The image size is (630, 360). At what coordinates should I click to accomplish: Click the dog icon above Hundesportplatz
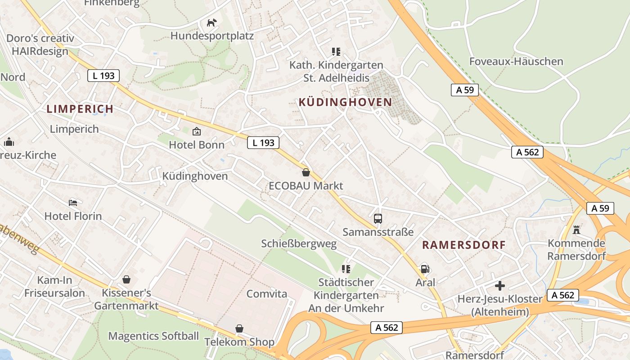coord(211,22)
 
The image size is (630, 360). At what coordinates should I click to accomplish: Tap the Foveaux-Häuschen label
coord(516,62)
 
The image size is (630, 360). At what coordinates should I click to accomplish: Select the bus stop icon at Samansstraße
coord(378,219)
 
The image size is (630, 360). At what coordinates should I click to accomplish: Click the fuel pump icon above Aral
coord(425,269)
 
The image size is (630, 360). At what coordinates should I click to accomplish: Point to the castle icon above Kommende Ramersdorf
coord(576,230)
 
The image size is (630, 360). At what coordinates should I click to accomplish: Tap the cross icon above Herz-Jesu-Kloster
coord(499,286)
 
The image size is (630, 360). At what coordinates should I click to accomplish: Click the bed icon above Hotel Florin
coord(73,203)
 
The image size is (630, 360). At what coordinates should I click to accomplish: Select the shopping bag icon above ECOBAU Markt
coord(306,172)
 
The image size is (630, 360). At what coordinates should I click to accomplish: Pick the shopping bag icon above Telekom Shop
coord(239,328)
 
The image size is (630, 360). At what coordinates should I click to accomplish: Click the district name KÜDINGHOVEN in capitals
coord(345,102)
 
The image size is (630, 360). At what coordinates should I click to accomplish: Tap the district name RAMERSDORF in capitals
coord(464,245)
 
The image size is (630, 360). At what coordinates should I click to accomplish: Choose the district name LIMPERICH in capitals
coord(80,109)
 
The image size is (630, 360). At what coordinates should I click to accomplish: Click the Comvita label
coord(266,294)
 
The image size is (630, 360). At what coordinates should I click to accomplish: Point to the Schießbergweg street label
coord(299,244)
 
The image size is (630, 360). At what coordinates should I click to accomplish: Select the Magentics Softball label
coord(153,336)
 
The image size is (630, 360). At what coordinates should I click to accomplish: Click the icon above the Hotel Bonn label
coord(197,131)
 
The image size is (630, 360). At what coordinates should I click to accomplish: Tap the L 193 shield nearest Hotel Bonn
coord(263,143)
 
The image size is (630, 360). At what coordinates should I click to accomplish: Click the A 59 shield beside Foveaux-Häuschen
coord(465,90)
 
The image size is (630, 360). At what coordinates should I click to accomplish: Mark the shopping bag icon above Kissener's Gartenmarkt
coord(126,279)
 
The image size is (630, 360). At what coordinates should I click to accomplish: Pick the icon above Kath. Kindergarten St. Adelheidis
coord(336,52)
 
